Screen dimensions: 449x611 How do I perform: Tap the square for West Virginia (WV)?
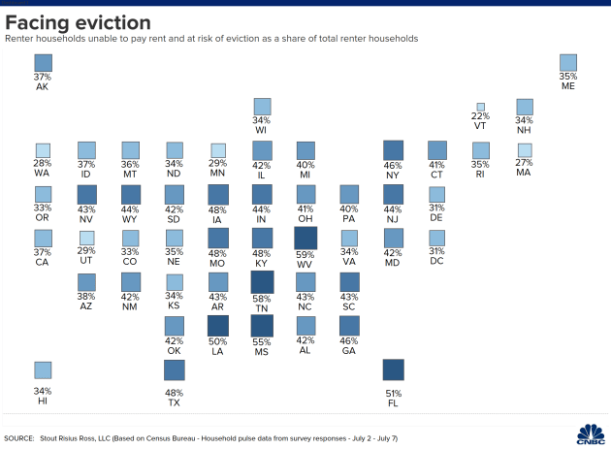pyautogui.click(x=305, y=238)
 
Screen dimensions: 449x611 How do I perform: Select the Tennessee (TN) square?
pyautogui.click(x=262, y=281)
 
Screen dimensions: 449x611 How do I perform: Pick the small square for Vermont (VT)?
pyautogui.click(x=480, y=107)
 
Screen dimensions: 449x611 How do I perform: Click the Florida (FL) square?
pyautogui.click(x=394, y=369)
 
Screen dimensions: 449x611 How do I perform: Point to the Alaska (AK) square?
pyautogui.click(x=43, y=63)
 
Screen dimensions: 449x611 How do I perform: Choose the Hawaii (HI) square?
pyautogui.click(x=43, y=369)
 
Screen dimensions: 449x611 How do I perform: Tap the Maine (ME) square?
pyautogui.click(x=568, y=63)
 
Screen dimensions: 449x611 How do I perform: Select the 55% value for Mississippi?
pyautogui.click(x=262, y=342)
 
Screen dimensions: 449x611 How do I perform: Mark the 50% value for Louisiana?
pyautogui.click(x=218, y=342)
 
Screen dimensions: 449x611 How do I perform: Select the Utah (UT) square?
pyautogui.click(x=87, y=239)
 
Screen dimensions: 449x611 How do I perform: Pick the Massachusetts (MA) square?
pyautogui.click(x=525, y=150)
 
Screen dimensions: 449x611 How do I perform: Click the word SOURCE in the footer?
pyautogui.click(x=22, y=438)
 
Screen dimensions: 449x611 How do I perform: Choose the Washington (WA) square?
pyautogui.click(x=43, y=150)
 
